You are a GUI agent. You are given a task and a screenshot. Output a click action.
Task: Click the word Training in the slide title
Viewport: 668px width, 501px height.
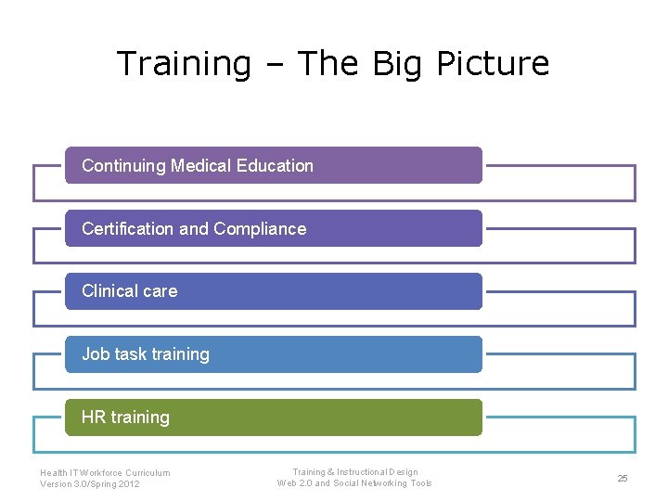click(x=184, y=64)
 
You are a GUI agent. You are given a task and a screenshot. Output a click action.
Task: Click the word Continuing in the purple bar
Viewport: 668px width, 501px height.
click(x=123, y=166)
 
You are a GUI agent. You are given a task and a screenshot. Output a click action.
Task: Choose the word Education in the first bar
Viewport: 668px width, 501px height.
click(x=275, y=166)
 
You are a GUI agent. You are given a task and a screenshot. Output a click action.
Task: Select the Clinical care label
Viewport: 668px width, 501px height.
click(x=129, y=291)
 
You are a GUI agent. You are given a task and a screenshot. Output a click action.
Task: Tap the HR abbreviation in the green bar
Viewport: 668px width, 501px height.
click(x=94, y=417)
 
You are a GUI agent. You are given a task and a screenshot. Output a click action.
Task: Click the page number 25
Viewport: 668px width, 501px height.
click(x=623, y=478)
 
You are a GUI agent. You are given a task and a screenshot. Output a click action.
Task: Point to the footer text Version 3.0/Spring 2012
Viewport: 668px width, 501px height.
click(x=90, y=484)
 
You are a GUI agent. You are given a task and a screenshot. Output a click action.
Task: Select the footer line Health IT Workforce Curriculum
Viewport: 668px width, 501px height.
click(x=105, y=473)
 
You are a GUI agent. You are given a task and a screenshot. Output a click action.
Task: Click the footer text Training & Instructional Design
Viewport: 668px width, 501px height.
click(x=355, y=472)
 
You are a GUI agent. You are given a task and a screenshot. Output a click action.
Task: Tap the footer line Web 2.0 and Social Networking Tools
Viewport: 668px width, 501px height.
click(x=354, y=483)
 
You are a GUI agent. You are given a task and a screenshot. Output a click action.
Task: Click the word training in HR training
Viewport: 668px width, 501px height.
click(x=140, y=417)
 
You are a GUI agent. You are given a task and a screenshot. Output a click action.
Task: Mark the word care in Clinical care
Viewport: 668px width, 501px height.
click(x=160, y=291)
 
